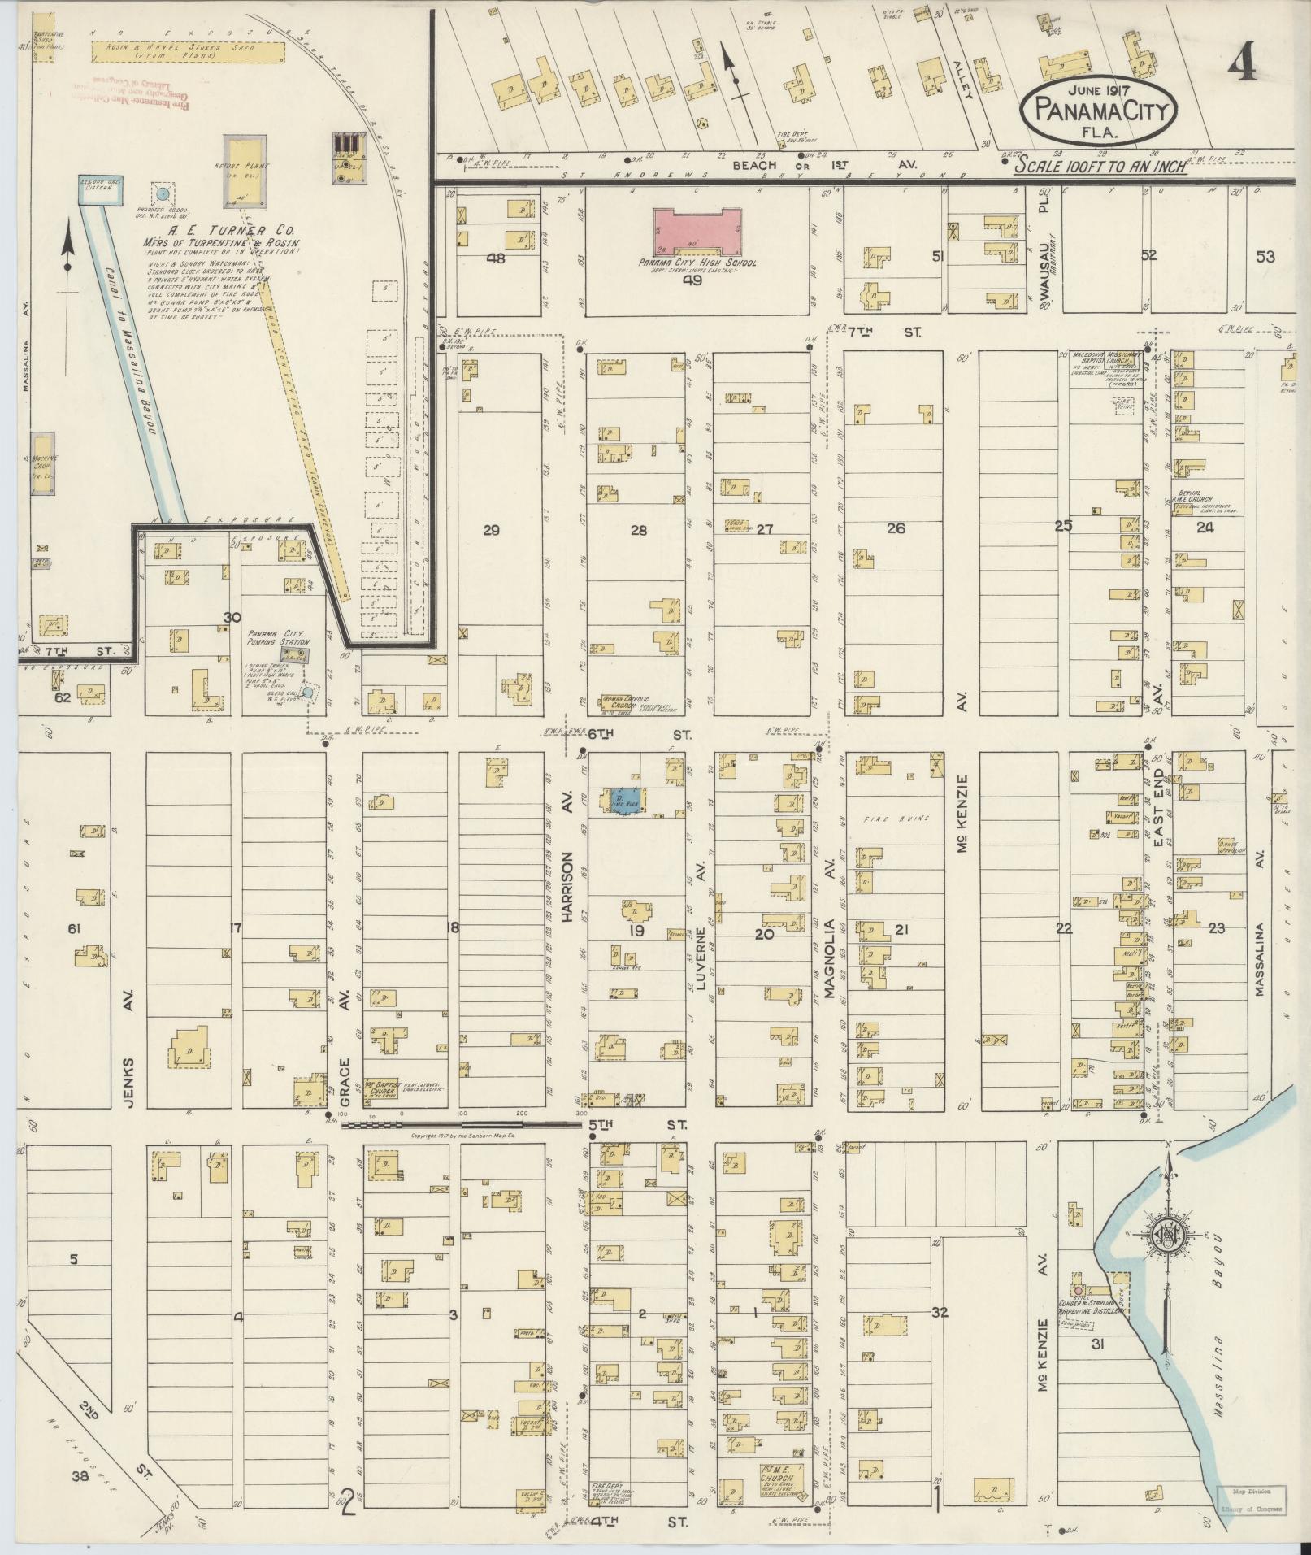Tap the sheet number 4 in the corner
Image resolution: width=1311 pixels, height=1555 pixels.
pos(1243,63)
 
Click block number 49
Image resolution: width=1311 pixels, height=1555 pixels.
pos(692,280)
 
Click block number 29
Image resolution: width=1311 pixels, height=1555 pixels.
pos(491,531)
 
